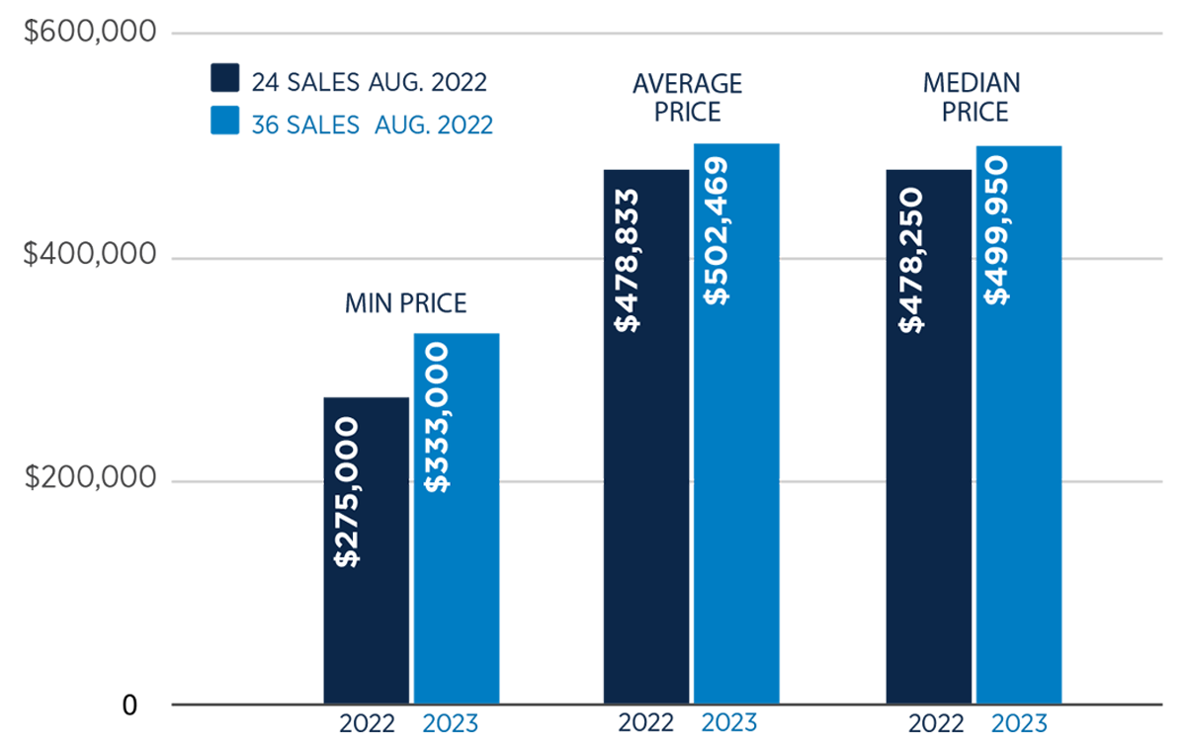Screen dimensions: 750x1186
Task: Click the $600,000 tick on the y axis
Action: [x=90, y=34]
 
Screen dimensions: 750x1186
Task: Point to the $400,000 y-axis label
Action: [x=90, y=256]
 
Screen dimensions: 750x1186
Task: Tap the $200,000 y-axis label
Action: [x=90, y=479]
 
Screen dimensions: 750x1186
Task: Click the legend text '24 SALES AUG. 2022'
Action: [x=369, y=80]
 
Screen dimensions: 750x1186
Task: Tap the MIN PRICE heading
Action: [x=406, y=303]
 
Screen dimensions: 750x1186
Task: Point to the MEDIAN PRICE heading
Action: [x=974, y=97]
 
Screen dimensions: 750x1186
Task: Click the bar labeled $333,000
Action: [x=457, y=519]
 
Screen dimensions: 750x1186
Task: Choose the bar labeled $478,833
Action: [x=646, y=435]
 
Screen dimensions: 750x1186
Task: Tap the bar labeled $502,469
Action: [x=736, y=423]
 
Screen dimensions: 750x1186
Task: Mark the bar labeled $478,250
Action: [x=929, y=435]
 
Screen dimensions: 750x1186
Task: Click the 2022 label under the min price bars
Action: [x=367, y=723]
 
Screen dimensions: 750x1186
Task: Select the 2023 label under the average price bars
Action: [x=728, y=723]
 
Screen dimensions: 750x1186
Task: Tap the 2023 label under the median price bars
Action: [x=1019, y=723]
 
